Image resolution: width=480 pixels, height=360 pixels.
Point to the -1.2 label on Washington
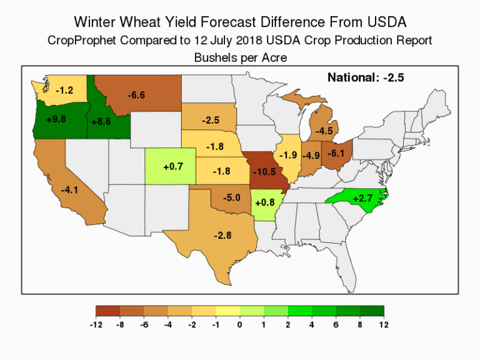point(64,91)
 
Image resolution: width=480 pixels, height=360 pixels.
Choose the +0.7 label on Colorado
point(172,167)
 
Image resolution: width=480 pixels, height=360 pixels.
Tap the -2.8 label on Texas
point(222,235)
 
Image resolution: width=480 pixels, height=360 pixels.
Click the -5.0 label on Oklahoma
point(232,197)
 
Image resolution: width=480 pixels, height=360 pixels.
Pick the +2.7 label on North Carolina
point(362,198)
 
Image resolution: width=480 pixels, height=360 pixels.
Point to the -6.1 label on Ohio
point(336,153)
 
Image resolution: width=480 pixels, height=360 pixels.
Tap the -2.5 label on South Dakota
point(210,120)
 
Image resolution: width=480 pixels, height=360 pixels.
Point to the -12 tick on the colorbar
point(96,325)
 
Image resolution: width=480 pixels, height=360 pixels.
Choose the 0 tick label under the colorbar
point(240,325)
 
